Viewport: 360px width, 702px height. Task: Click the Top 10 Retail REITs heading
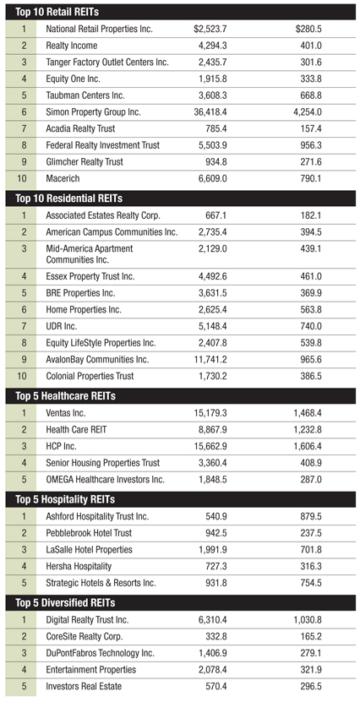57,12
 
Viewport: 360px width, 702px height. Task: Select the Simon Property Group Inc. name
93,112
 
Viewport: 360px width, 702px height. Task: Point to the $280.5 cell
308,29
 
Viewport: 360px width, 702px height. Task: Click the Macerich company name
63,178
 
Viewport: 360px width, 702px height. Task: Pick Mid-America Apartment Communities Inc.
90,253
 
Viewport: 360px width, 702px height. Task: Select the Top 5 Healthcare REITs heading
65,396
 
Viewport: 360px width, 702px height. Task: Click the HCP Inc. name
61,446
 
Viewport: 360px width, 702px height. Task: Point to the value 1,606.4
308,446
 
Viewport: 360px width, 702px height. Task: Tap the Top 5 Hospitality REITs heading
65,499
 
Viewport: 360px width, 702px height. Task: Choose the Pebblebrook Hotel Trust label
89,533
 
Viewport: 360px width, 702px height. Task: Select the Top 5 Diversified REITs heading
65,603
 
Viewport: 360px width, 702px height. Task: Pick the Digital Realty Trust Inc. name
87,620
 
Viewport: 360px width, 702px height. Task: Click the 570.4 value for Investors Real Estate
215,686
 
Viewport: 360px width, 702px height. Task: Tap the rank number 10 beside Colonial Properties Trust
21,376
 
